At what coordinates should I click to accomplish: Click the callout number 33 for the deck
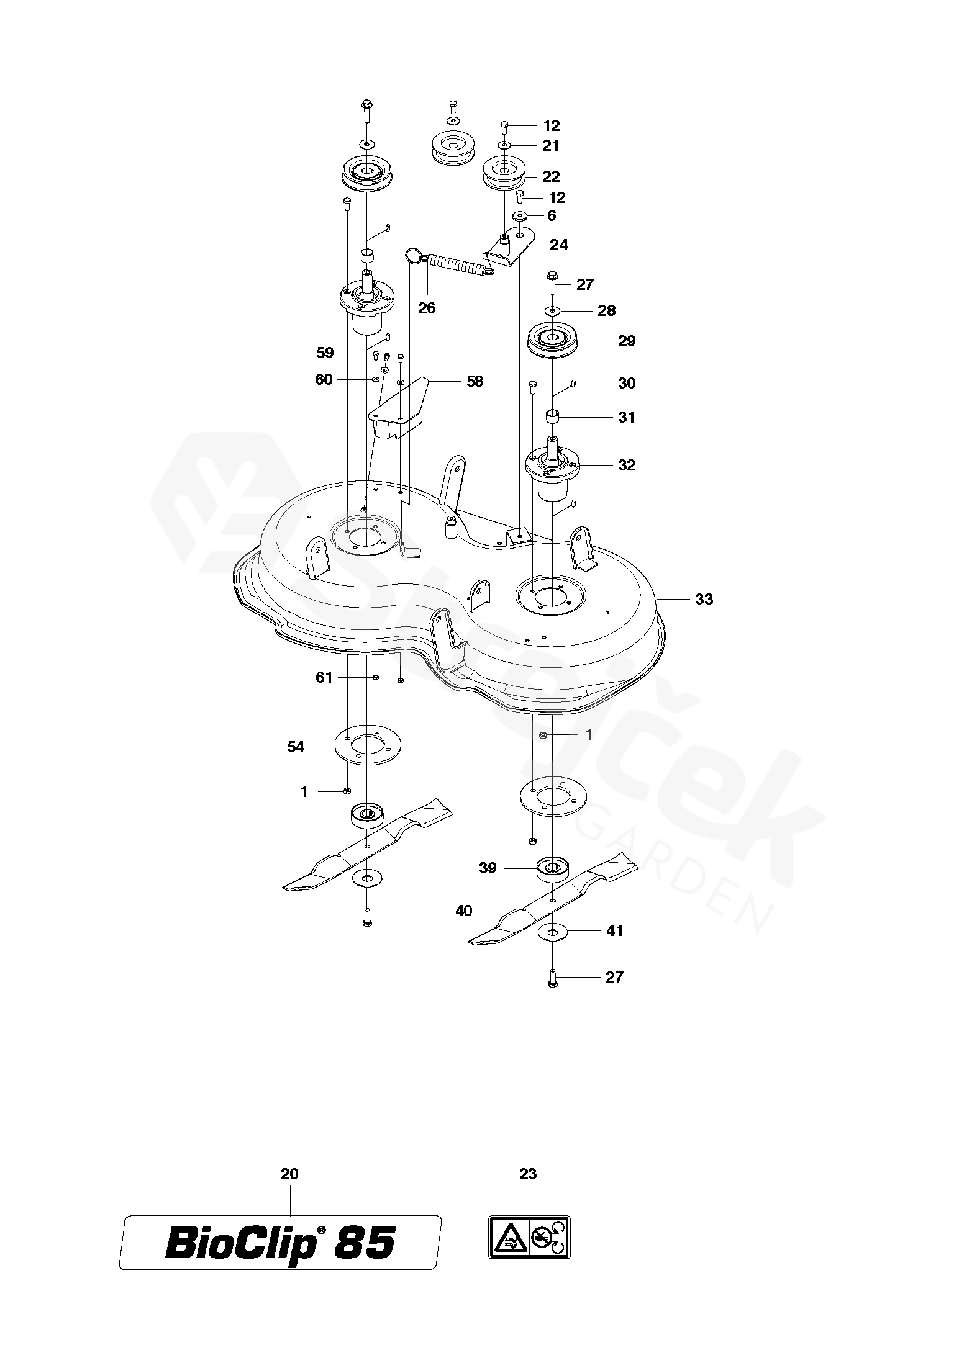click(704, 600)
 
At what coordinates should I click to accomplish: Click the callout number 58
click(475, 381)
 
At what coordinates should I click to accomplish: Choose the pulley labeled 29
click(552, 341)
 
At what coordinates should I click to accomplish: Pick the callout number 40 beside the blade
click(464, 911)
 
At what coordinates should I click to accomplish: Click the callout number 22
click(551, 177)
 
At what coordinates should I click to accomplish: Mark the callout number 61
click(324, 678)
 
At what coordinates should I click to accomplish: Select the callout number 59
click(325, 353)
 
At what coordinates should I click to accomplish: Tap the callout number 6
click(552, 216)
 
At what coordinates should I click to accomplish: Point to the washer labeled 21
click(504, 145)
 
